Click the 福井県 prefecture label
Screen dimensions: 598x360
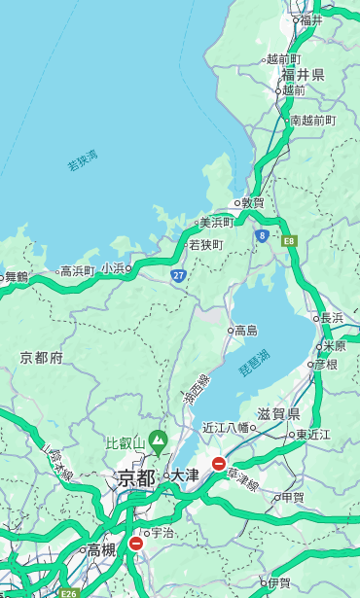click(x=304, y=75)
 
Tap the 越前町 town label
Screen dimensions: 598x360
click(x=285, y=58)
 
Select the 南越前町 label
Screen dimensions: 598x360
click(x=312, y=121)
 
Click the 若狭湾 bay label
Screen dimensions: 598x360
click(x=83, y=160)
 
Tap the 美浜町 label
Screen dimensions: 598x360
click(x=216, y=223)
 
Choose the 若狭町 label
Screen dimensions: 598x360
click(x=205, y=244)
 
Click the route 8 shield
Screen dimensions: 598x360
click(x=262, y=235)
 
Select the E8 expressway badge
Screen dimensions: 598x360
click(x=289, y=239)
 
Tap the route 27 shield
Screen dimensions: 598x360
click(x=179, y=276)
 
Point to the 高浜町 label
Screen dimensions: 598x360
click(x=78, y=270)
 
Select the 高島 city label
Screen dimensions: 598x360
click(x=245, y=331)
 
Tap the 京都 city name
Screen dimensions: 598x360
click(x=135, y=477)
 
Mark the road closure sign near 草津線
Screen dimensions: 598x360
click(x=219, y=464)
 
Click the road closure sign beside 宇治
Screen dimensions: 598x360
click(x=135, y=544)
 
